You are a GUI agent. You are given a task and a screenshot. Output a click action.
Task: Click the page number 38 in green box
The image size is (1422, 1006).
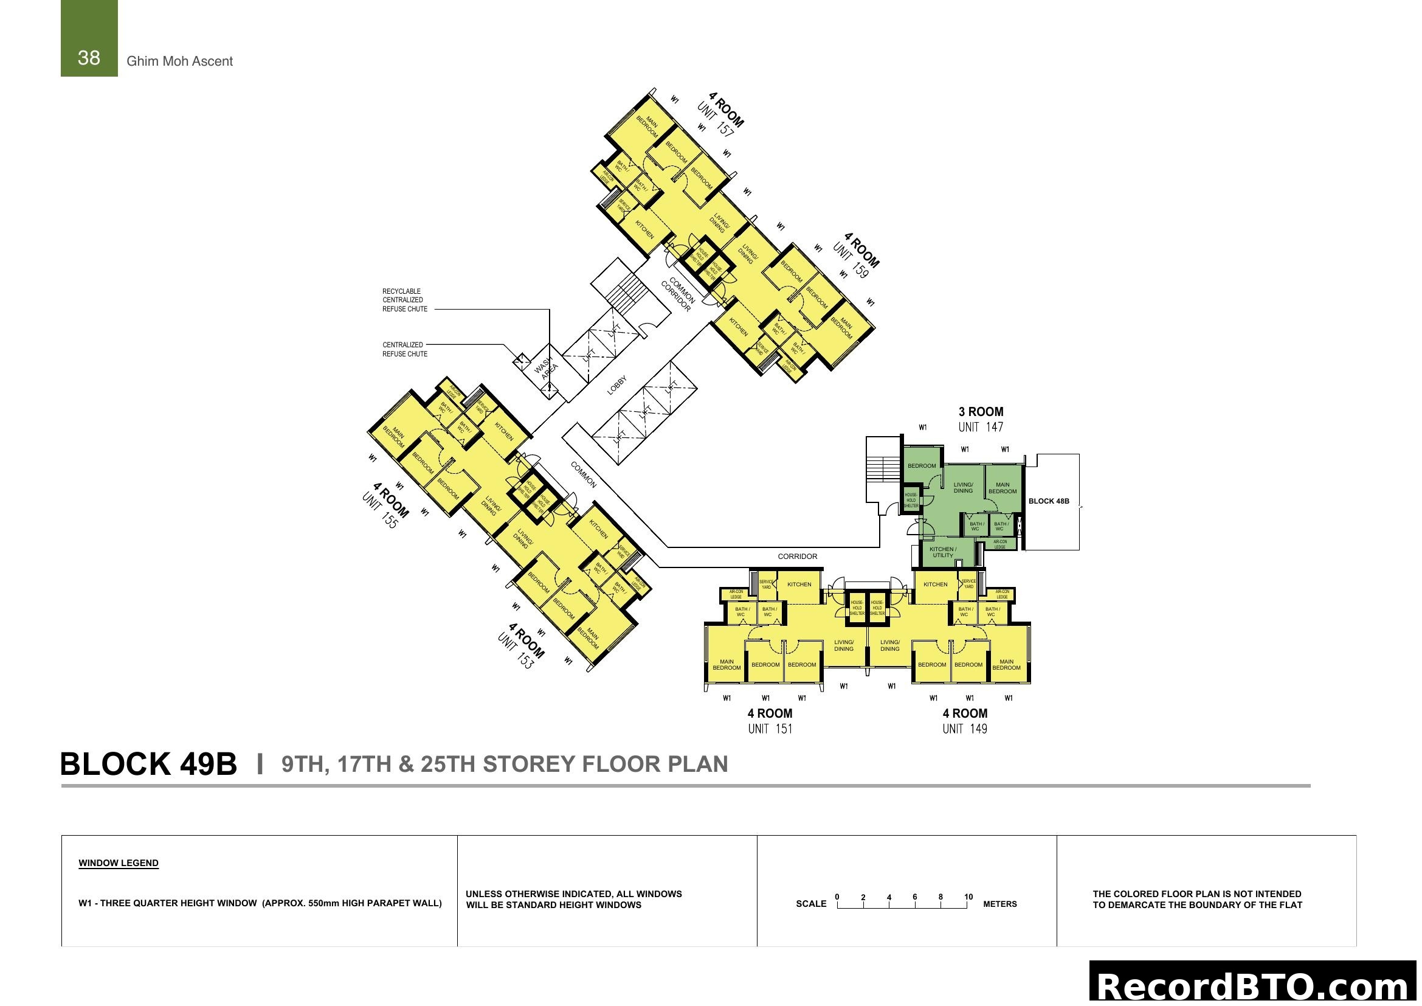(x=89, y=58)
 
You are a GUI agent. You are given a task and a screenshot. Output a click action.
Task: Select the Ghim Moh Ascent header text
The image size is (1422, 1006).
(x=179, y=61)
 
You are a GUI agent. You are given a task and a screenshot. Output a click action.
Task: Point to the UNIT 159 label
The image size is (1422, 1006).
(x=851, y=261)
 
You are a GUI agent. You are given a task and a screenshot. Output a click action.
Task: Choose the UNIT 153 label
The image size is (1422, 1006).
(x=516, y=651)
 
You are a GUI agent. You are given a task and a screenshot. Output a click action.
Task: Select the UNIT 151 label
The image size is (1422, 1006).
(x=770, y=729)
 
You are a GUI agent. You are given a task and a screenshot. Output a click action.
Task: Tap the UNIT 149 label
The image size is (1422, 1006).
(x=965, y=729)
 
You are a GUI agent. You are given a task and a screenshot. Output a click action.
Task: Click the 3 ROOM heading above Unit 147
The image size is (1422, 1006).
(x=981, y=412)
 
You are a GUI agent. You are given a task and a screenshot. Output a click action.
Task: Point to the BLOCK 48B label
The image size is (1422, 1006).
(x=1049, y=501)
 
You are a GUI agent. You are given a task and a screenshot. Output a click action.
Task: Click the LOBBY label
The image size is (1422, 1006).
(x=617, y=385)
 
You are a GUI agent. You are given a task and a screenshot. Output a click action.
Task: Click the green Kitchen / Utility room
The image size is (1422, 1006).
(x=943, y=552)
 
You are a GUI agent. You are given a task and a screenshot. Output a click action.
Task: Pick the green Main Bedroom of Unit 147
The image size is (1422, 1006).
(x=1002, y=488)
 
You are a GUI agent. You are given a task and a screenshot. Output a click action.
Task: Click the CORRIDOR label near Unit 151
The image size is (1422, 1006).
(x=797, y=557)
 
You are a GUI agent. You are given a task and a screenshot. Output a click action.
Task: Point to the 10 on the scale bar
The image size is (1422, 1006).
(x=968, y=897)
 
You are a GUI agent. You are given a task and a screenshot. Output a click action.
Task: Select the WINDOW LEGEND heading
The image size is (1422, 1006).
(x=119, y=863)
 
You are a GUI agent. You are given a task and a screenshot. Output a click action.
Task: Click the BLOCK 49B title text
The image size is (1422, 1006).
(x=148, y=765)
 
